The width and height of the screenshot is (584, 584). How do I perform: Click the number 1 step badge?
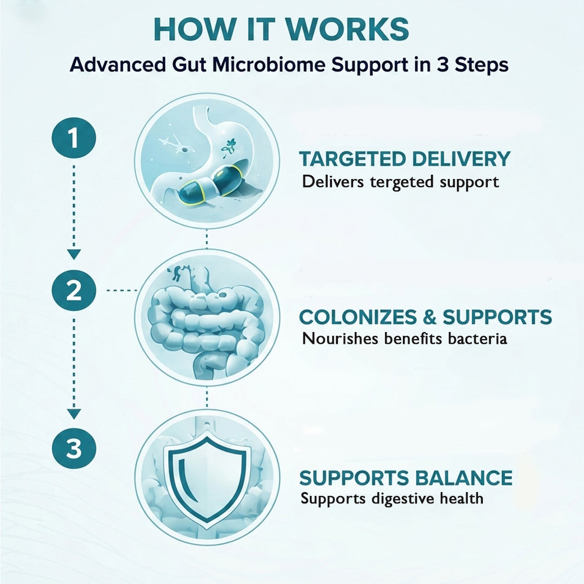74,138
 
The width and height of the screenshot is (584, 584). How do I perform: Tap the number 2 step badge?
74,290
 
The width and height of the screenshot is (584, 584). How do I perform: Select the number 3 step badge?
74,448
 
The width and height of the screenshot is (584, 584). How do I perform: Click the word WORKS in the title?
347,29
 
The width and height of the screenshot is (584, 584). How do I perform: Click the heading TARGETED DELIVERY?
404,159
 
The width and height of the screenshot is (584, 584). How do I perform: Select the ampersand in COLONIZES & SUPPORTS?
429,317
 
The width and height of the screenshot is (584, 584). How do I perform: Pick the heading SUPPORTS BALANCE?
406,478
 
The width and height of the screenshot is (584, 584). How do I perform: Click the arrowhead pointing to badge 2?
74,254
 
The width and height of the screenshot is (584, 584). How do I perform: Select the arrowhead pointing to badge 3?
74,414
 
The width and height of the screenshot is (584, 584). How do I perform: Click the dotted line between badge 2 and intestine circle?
122,290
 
